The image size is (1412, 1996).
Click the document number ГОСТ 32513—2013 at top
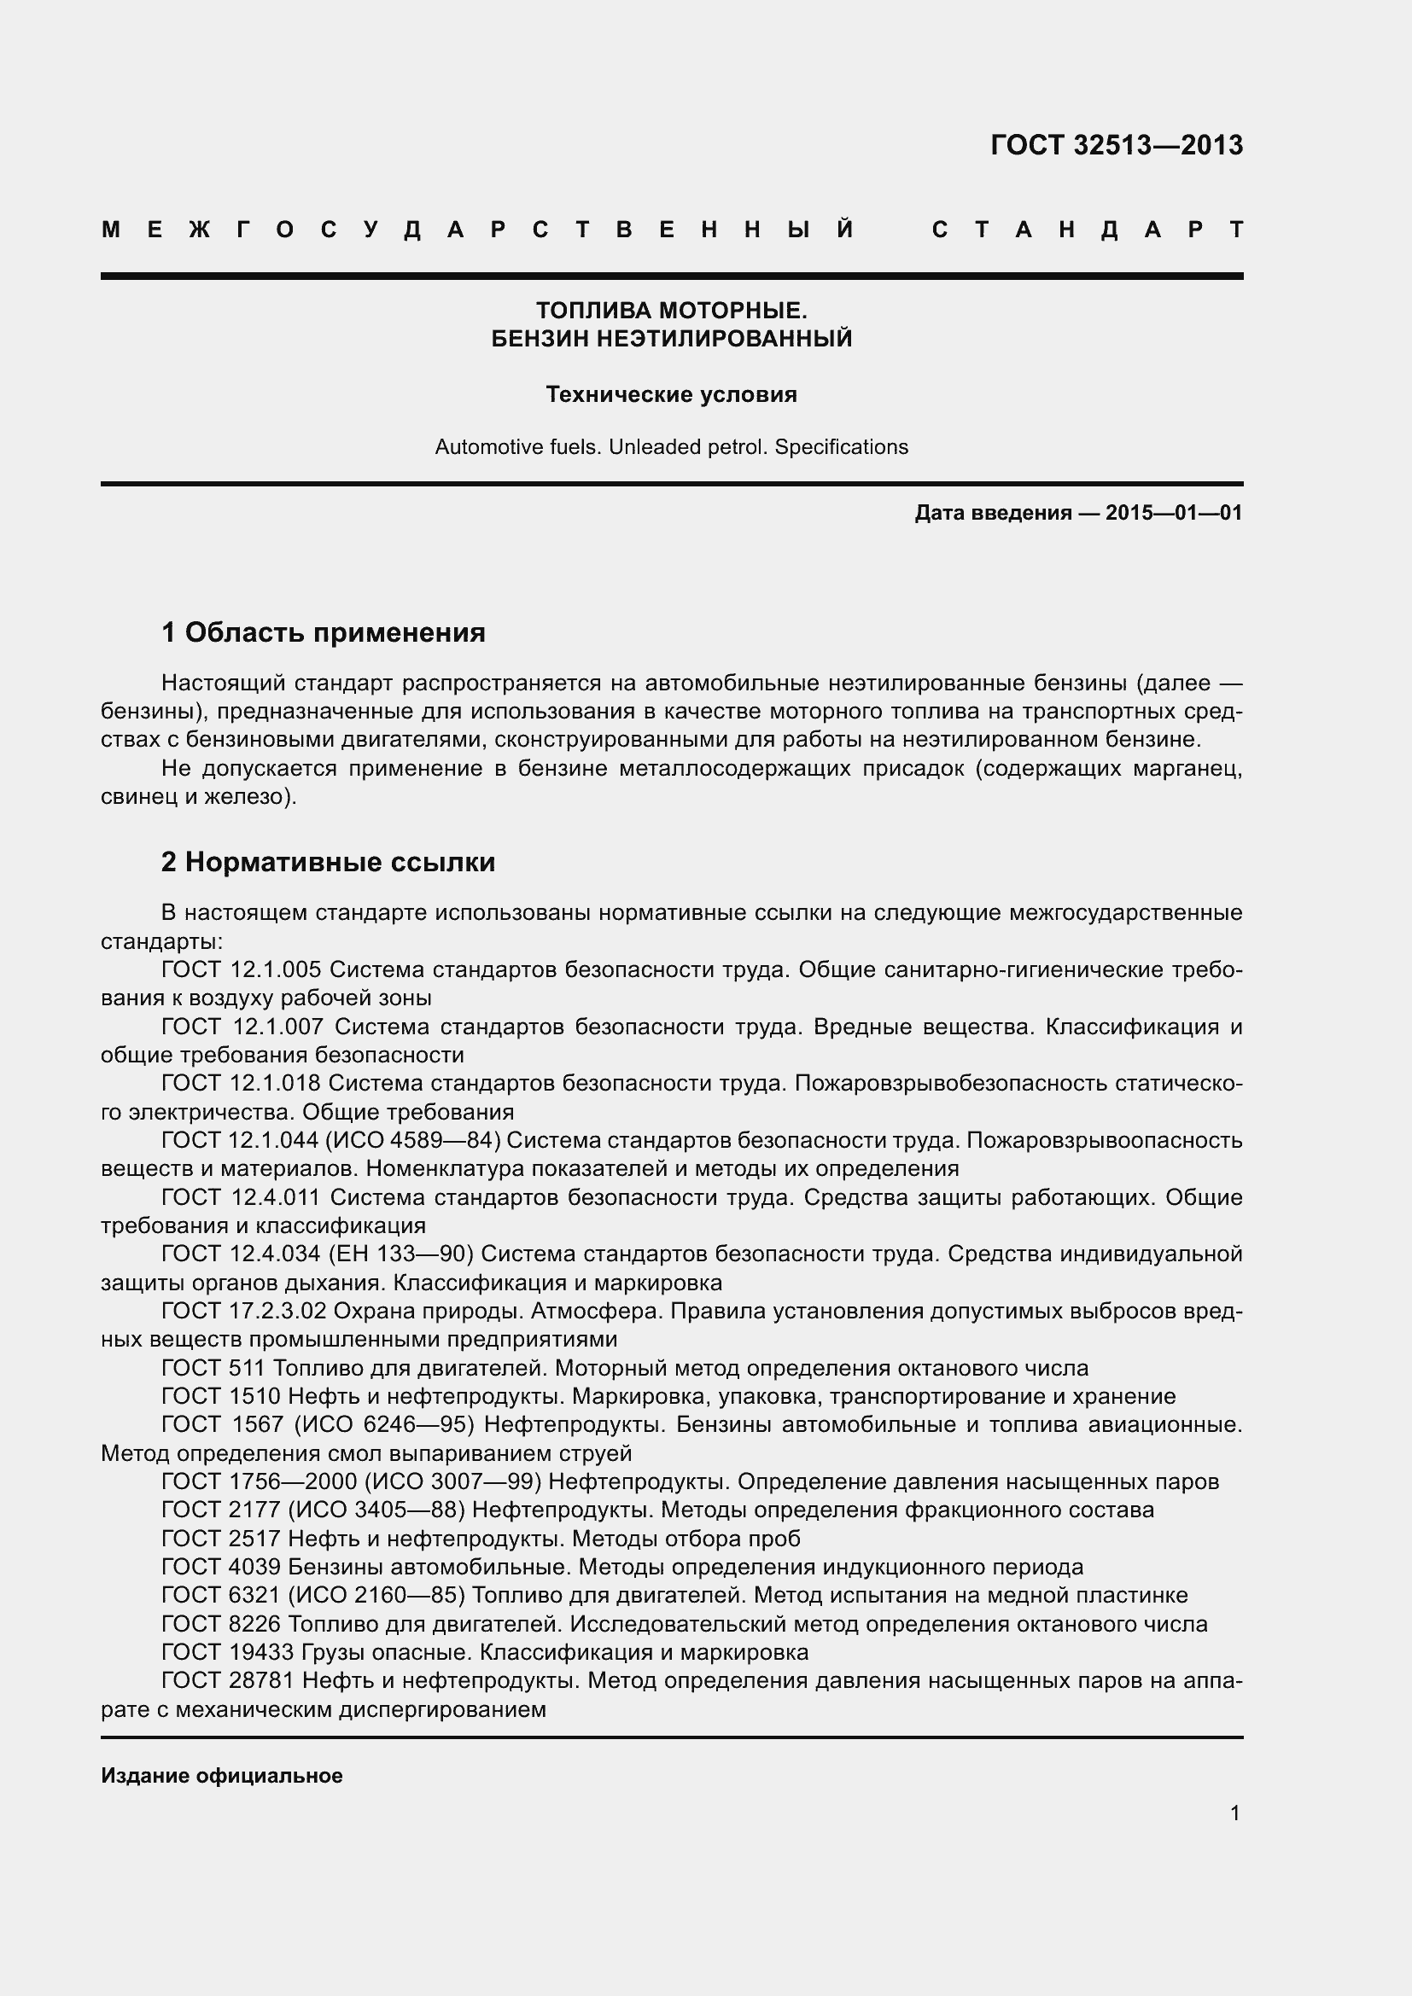coord(1117,145)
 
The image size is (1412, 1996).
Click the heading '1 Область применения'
coord(323,632)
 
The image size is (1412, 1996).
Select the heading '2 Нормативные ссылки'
coord(328,862)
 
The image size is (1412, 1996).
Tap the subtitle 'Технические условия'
coord(671,395)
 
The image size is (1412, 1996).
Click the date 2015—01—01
coord(1174,513)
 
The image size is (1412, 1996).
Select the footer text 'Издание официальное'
coord(222,1775)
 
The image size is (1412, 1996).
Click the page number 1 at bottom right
coord(1234,1813)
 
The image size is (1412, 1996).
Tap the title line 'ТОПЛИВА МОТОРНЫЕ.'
coord(671,311)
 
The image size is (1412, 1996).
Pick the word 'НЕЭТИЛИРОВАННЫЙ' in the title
coord(724,338)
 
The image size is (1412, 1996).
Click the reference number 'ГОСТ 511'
coord(213,1367)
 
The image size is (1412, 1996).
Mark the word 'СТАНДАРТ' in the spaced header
coord(1087,230)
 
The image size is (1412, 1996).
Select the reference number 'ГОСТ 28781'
coord(228,1680)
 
